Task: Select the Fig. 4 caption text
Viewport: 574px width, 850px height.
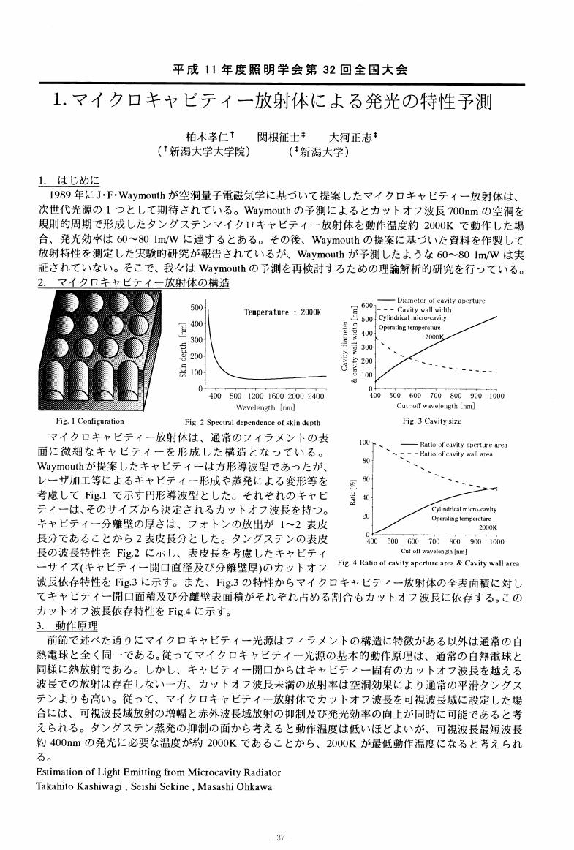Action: coord(429,563)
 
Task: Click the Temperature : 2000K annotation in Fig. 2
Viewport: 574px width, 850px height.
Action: coord(282,312)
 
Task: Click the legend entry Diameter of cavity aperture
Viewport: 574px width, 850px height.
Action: coord(441,301)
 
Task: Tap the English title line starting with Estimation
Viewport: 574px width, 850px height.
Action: coord(157,772)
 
